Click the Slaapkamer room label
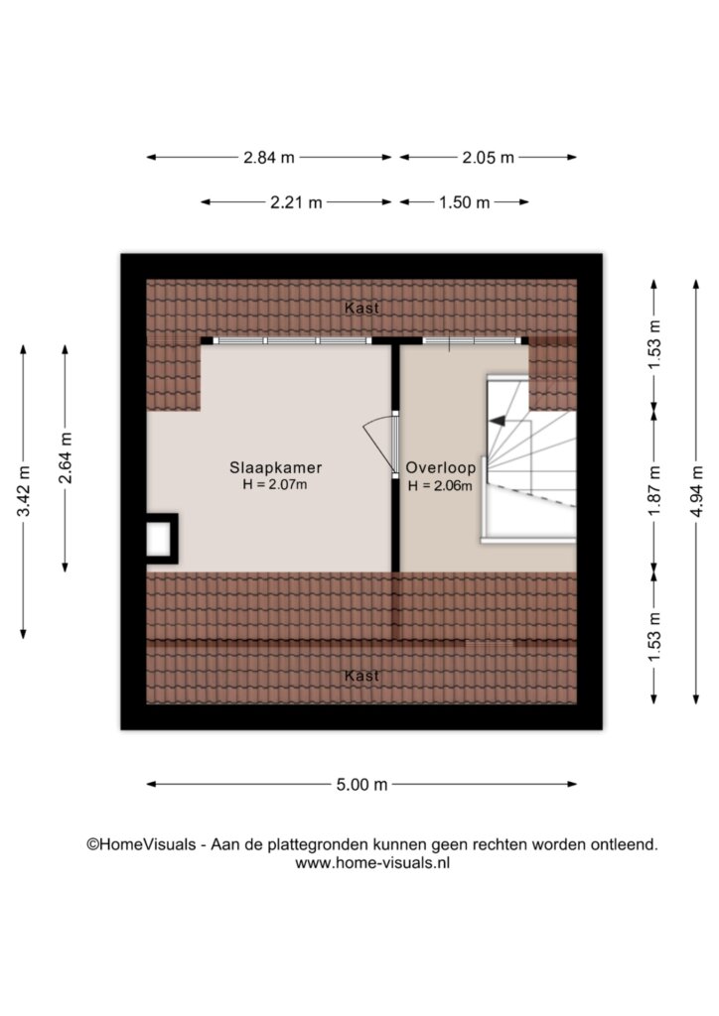[x=275, y=467]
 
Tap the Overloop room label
[x=441, y=467]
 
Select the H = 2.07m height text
[x=275, y=484]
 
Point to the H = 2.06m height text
[x=440, y=486]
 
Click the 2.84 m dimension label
[x=269, y=158]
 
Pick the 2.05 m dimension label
[x=489, y=158]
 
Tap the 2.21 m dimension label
[x=296, y=202]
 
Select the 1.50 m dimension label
[x=464, y=202]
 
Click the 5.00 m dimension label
[x=361, y=785]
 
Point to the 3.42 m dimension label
[x=24, y=491]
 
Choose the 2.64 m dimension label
[x=66, y=458]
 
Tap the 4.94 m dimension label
[x=697, y=491]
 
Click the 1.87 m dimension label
[x=654, y=491]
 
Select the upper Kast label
[x=361, y=309]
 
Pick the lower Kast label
[x=361, y=676]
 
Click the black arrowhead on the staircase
[x=498, y=421]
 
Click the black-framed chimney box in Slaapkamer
[x=162, y=539]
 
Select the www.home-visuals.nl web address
[x=372, y=863]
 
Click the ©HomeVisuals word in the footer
[x=141, y=845]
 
